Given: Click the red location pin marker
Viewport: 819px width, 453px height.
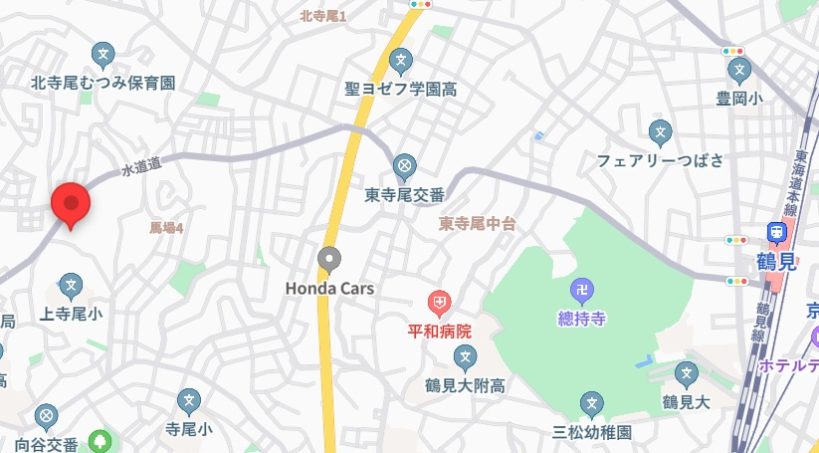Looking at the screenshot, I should point(71,204).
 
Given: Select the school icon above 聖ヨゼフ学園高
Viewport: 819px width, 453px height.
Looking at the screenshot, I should point(401,61).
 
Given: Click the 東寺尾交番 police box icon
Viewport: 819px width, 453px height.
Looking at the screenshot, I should point(404,165).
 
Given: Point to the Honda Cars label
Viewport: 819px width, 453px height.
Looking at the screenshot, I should point(329,289).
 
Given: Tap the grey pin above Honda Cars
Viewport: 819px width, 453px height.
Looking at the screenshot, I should point(329,260).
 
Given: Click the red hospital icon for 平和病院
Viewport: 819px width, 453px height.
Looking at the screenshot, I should point(439,301).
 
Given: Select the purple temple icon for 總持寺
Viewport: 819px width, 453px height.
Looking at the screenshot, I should point(582,291).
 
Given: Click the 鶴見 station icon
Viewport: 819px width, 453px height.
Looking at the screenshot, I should point(776,231).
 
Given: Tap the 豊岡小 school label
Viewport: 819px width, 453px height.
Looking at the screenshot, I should point(738,99).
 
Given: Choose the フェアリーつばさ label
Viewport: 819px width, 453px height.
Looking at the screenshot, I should point(661,160).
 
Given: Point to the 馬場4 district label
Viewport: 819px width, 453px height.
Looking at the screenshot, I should point(166,228).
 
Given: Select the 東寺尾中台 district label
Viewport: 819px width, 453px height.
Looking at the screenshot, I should point(478,224).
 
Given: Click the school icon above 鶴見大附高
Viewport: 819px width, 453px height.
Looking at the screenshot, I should point(465,357).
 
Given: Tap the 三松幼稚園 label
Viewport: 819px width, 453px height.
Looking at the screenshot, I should point(592,433).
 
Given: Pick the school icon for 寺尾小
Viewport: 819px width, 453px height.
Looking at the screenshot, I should point(189,402).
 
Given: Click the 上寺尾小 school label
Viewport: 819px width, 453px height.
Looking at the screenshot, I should point(71,315).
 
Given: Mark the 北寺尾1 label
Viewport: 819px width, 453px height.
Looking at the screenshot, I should point(322,15).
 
